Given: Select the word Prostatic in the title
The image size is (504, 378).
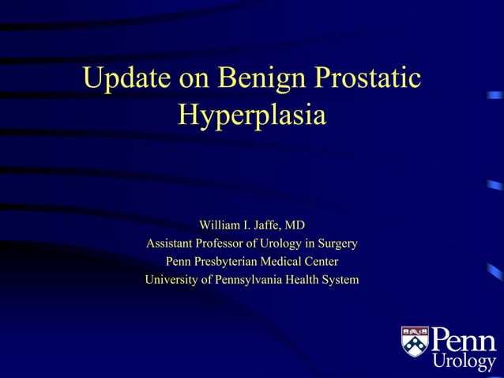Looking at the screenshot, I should click(x=368, y=79).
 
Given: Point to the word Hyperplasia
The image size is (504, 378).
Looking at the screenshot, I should click(x=252, y=115).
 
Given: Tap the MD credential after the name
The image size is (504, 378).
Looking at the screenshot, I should click(x=295, y=225).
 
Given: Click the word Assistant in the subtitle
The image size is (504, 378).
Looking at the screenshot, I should click(x=171, y=243).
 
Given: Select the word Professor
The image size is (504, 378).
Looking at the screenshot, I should click(x=228, y=243).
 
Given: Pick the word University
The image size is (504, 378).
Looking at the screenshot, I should click(x=171, y=279).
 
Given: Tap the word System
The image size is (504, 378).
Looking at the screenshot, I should click(x=344, y=279).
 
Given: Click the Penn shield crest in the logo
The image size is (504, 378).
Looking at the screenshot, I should click(x=415, y=342).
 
